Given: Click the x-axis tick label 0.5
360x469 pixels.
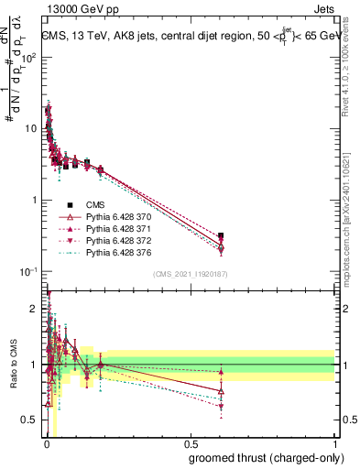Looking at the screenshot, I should pos(191,444).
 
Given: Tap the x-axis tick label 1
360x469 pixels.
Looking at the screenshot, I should pos(334,444).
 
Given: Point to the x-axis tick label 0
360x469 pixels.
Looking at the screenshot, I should pos(47,444).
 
